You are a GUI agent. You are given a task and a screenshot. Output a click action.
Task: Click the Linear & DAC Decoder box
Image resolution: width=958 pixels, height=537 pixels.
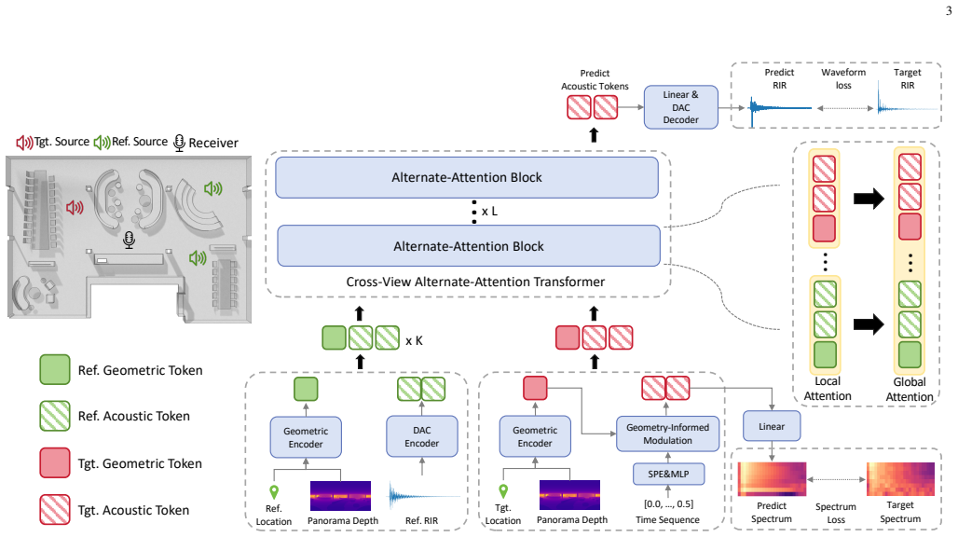point(680,107)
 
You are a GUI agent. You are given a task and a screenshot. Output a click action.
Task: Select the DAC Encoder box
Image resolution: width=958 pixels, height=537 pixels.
point(421,437)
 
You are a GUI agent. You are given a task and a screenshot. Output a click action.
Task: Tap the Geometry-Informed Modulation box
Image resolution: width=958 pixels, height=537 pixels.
point(667,434)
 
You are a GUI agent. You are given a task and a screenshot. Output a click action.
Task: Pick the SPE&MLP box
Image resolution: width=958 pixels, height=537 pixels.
point(668,474)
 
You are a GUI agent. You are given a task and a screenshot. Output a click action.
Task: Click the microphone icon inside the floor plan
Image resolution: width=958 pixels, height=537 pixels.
point(129,240)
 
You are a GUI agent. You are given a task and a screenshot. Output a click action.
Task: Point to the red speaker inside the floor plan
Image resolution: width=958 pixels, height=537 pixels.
point(75,208)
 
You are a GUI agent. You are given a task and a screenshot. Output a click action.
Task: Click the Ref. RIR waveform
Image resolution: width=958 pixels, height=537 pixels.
point(423,495)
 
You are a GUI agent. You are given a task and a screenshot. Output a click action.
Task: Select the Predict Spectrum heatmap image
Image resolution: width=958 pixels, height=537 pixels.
point(772,479)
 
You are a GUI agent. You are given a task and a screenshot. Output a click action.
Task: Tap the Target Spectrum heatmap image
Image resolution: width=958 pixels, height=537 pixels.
point(900,479)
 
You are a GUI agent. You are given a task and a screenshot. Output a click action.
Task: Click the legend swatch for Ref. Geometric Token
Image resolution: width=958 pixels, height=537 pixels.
point(55,369)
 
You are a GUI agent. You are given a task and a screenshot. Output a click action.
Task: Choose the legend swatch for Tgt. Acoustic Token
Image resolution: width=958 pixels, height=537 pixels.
point(55,510)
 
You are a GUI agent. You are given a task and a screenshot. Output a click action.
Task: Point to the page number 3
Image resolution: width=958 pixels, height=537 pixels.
point(949,10)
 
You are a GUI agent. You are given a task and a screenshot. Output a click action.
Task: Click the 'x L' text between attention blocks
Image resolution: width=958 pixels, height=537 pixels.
point(489,212)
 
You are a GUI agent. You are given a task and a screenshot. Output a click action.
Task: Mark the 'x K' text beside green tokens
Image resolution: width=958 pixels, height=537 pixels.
point(415,341)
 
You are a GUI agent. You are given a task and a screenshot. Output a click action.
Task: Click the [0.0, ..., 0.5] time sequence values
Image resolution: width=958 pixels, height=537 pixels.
point(668,504)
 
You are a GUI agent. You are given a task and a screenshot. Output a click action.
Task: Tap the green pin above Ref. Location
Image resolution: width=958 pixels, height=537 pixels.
point(274,492)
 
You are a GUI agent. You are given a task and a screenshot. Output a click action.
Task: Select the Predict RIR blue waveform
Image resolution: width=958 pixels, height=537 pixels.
point(780,108)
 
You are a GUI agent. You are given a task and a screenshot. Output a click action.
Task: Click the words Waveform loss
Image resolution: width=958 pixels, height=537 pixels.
point(843,79)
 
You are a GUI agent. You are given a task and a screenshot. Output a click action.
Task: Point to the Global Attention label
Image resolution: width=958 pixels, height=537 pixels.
point(910,389)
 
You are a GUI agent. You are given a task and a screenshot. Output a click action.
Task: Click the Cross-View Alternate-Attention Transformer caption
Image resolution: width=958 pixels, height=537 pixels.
point(475,282)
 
